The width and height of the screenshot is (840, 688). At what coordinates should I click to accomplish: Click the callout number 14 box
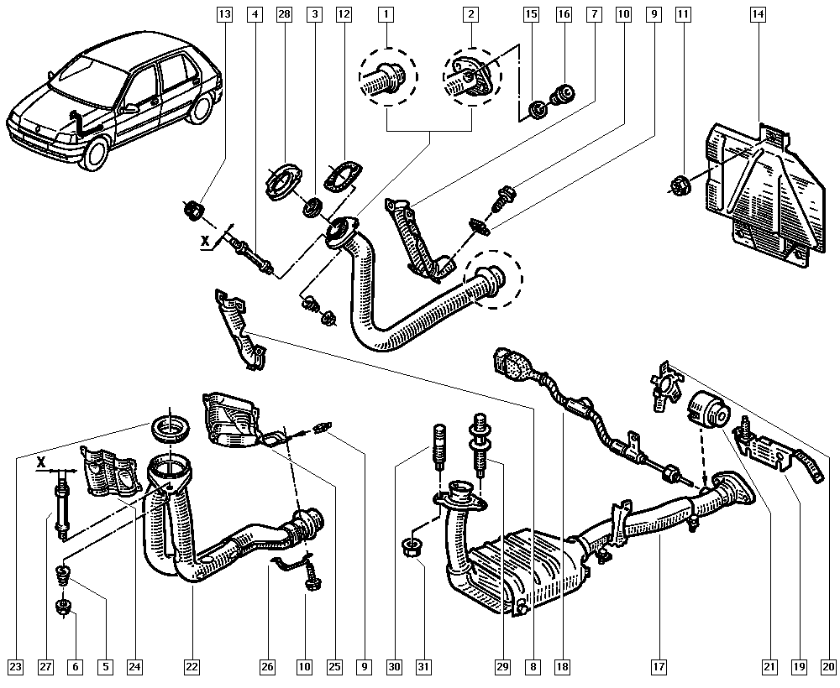click(758, 14)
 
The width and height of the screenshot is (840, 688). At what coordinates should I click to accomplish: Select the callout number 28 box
click(284, 14)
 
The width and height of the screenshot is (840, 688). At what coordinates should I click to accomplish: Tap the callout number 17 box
click(659, 666)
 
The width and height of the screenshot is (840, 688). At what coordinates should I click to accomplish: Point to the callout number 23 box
click(15, 666)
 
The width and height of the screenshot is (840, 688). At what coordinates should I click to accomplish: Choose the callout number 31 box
click(423, 666)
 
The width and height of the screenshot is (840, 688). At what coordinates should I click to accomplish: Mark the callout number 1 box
click(386, 14)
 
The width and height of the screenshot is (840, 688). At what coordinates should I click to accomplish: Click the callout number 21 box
click(769, 666)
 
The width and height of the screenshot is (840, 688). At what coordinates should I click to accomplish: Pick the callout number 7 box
click(593, 14)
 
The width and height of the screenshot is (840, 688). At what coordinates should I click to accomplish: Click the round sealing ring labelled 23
click(170, 427)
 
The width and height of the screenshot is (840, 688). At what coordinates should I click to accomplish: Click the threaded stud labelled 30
click(439, 444)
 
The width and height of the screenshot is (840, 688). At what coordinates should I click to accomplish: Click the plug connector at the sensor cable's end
click(509, 364)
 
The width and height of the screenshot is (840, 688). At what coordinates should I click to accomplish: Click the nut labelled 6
click(64, 607)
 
